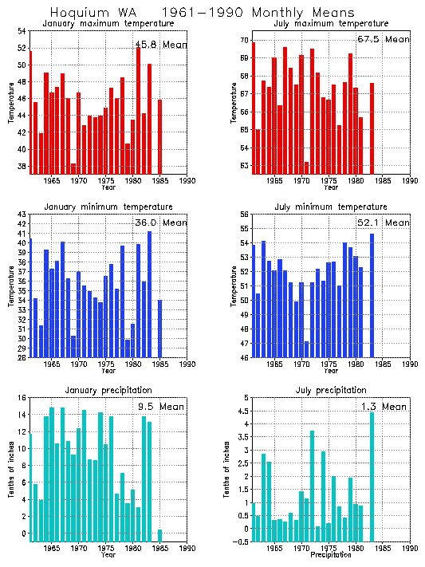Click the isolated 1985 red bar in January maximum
click(159, 136)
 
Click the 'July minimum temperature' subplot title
click(329, 207)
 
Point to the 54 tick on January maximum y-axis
click(22, 31)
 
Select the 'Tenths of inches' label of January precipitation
click(11, 470)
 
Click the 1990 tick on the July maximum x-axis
click(410, 181)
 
